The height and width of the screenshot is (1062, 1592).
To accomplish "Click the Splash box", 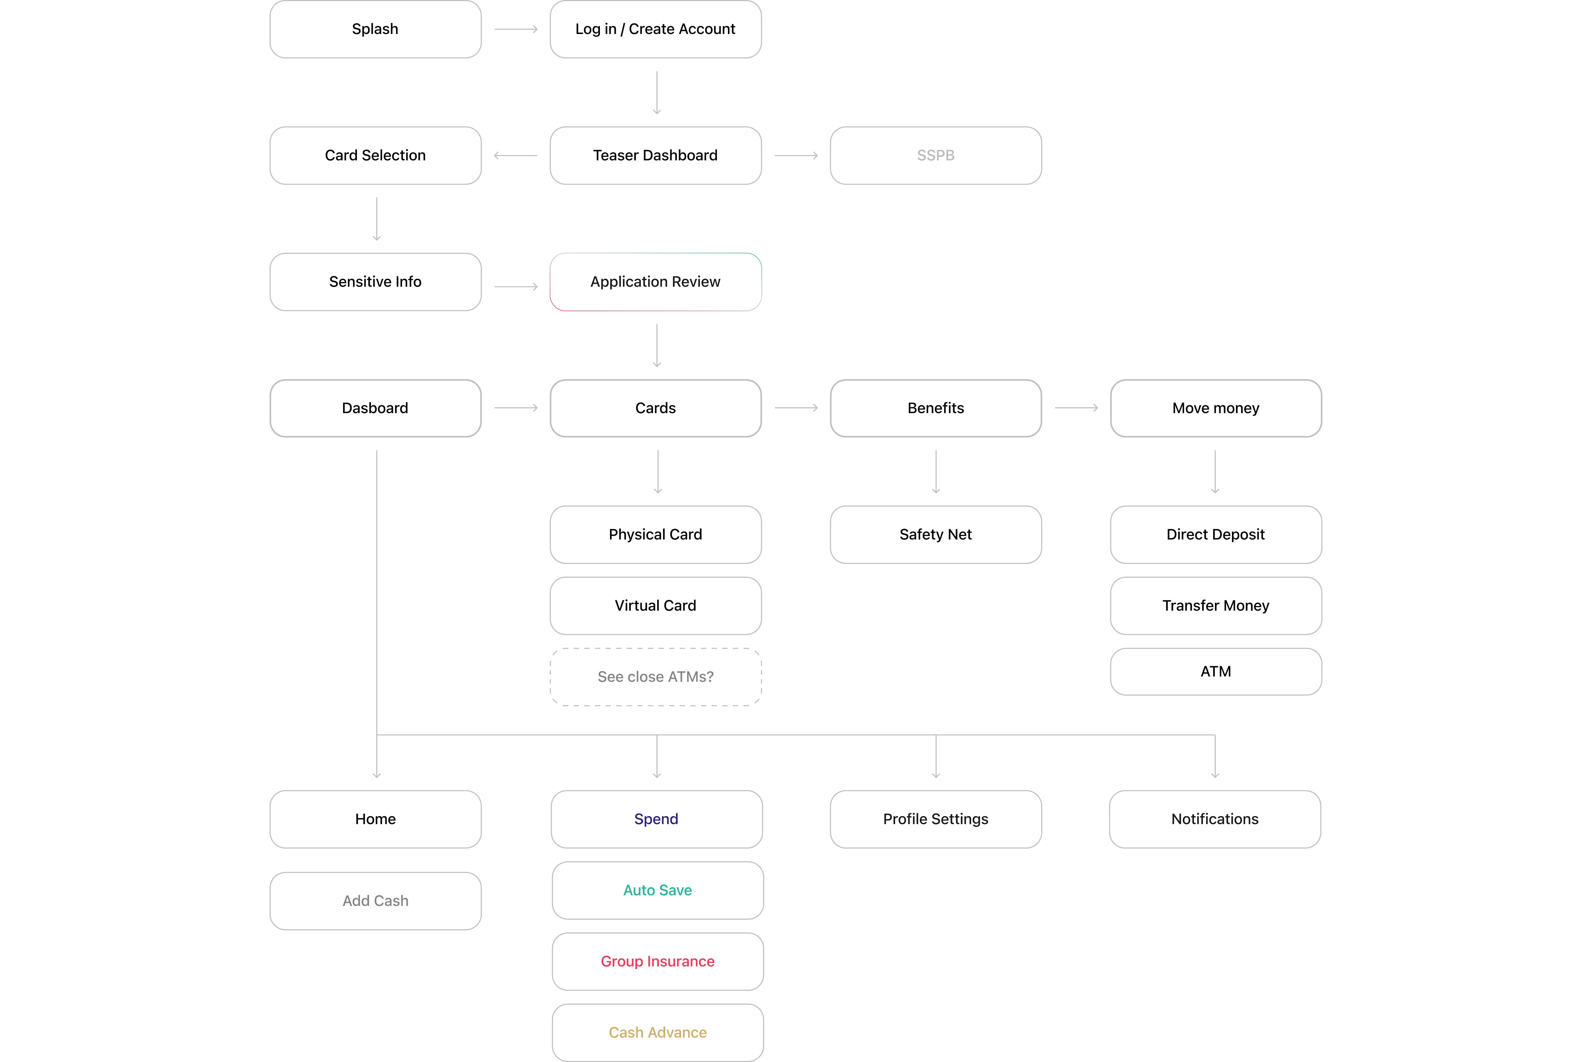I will tap(375, 29).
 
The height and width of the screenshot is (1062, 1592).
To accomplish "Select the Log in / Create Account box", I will tap(655, 29).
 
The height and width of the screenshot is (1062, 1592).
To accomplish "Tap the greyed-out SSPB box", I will tap(936, 155).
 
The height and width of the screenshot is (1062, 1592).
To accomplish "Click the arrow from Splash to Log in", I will tap(516, 29).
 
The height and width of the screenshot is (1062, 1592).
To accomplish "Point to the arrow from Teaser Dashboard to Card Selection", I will tap(515, 156).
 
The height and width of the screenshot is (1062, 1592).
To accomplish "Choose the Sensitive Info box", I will tap(375, 282).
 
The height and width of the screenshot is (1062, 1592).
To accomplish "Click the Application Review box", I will tap(655, 282).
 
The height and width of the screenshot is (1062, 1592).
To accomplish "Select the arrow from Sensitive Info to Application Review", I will tap(516, 286).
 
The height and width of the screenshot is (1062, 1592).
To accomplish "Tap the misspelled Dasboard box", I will tap(375, 408).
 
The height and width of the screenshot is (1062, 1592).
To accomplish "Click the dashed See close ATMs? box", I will tap(655, 676).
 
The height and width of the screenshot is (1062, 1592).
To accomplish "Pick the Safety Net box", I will tap(936, 534).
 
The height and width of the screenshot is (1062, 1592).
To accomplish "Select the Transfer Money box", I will tap(1216, 606).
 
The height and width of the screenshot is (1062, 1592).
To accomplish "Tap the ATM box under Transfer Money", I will tap(1216, 671).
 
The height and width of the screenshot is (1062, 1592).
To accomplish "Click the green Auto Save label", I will tap(657, 890).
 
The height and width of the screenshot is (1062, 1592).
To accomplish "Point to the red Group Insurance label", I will tap(657, 961).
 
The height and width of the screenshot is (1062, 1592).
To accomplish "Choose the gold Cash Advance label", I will tap(657, 1032).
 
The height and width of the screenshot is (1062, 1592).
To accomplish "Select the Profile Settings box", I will tap(936, 819).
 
